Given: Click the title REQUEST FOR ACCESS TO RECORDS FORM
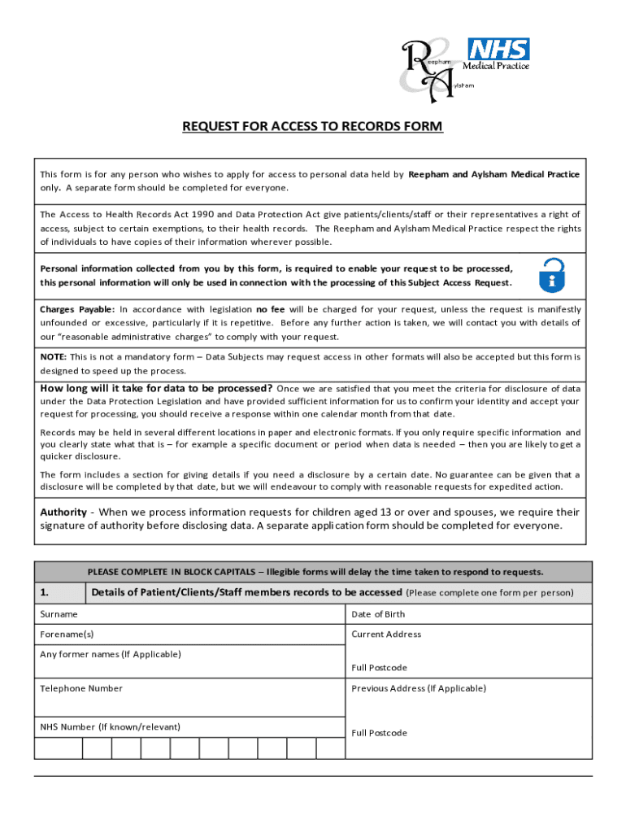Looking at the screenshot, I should coord(312,127).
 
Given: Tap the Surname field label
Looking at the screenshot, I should coord(59,614).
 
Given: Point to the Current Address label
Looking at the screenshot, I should coord(386,635).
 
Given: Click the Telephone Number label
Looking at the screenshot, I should coord(81,688).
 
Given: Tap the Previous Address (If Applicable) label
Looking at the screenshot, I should coord(419,688).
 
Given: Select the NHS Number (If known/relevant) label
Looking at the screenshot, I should coord(110,726).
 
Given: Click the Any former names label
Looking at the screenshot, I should coord(110,654).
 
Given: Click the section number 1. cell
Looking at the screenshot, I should coord(59,592).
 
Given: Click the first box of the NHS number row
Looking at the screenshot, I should coord(59,748).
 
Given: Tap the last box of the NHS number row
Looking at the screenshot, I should coord(330,748).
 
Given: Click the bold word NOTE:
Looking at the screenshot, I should coord(54,356).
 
